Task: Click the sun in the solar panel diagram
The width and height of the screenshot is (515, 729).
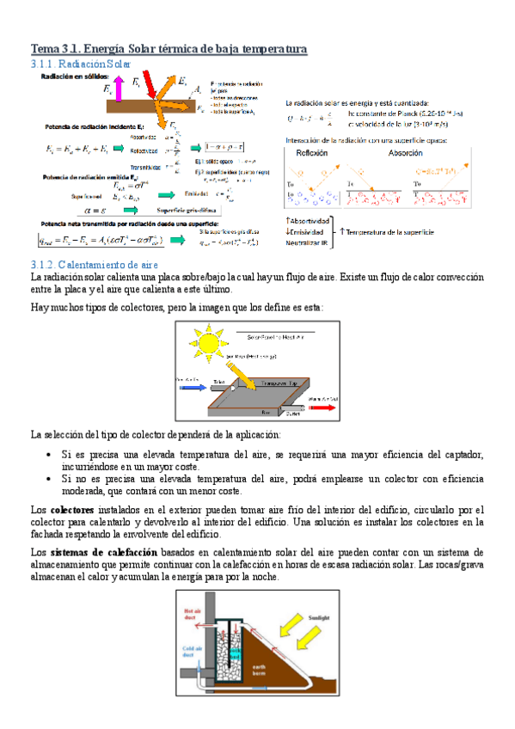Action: pyautogui.click(x=209, y=340)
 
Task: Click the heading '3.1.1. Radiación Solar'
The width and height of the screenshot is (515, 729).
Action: pyautogui.click(x=81, y=64)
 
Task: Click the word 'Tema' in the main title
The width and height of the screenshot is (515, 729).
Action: pyautogui.click(x=45, y=49)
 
